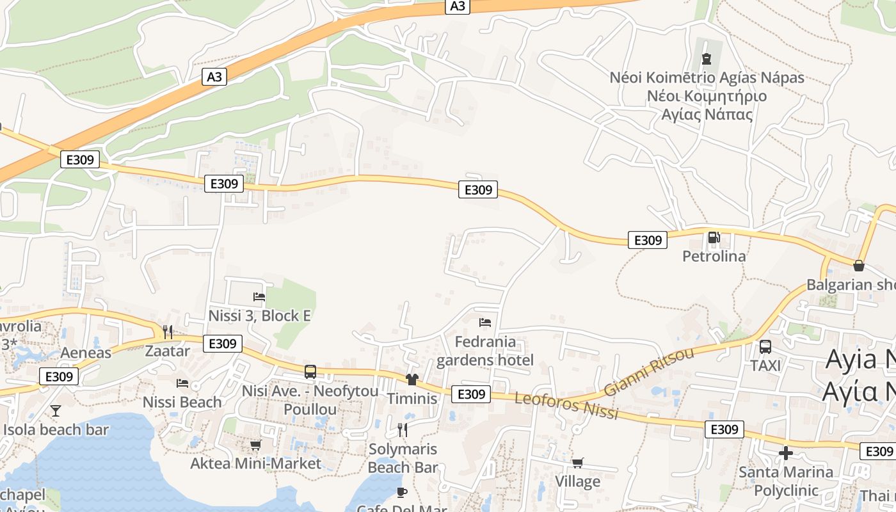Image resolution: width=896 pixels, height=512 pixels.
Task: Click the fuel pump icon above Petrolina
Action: [x=714, y=238]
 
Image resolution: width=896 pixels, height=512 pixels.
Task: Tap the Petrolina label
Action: [x=714, y=256]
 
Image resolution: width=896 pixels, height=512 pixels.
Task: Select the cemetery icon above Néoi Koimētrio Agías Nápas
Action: [x=707, y=59]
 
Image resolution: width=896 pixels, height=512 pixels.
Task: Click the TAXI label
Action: [x=765, y=365]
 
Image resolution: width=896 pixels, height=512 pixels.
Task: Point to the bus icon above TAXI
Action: [x=765, y=347]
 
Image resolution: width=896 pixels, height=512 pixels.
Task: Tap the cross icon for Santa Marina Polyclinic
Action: [x=786, y=454]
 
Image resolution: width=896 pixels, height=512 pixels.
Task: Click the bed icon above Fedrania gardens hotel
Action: [x=484, y=322]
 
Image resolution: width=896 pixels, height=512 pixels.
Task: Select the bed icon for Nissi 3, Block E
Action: [x=259, y=296]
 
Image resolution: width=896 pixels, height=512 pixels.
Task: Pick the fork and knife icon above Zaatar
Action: [x=168, y=332]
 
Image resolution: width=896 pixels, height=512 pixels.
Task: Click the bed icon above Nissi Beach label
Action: [x=182, y=383]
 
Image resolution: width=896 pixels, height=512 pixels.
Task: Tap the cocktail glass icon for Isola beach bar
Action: [x=56, y=410]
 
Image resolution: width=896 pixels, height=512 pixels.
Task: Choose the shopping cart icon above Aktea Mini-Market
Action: [x=255, y=445]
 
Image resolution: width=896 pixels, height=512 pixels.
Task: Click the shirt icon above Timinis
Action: [x=412, y=380]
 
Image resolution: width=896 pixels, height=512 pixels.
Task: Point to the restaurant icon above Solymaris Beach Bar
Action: [x=403, y=429]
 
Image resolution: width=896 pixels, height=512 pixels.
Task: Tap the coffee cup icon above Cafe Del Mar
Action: [x=401, y=492]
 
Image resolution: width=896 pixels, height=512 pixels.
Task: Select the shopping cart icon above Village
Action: [x=577, y=463]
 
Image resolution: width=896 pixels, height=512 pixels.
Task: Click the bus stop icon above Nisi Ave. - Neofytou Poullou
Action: [x=310, y=371]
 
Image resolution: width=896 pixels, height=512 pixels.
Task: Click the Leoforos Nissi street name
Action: [x=566, y=406]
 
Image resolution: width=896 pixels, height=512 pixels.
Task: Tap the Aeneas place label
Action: [x=86, y=353]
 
